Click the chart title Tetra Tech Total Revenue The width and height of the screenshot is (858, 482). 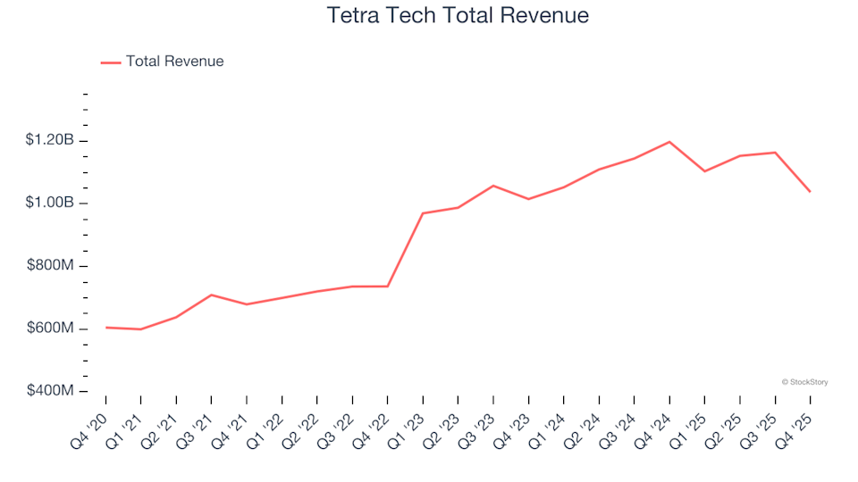[458, 16]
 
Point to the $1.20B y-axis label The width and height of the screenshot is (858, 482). [50, 140]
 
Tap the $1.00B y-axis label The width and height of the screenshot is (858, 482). [50, 204]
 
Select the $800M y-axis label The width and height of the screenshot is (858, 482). [52, 266]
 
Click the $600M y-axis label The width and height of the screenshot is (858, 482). [52, 328]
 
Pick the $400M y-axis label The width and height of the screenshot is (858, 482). [52, 391]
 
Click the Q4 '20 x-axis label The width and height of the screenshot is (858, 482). [92, 425]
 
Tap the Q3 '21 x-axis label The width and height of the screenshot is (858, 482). [198, 425]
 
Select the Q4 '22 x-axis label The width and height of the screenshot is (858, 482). [374, 425]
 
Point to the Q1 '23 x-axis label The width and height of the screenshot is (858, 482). [408, 425]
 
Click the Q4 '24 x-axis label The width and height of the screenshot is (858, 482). [655, 425]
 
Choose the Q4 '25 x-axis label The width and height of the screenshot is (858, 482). [796, 425]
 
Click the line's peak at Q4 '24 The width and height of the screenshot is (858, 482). [669, 142]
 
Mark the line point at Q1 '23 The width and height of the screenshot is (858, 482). [423, 213]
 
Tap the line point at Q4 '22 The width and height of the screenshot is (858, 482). [387, 287]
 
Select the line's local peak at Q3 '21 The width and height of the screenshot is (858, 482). [211, 295]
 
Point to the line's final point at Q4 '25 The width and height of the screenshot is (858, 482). [810, 192]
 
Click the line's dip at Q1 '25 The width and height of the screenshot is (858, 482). [704, 171]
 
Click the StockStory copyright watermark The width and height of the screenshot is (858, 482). [804, 382]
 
